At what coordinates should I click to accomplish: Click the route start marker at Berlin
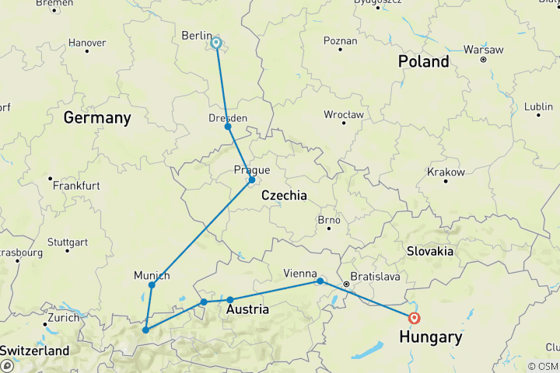click(x=216, y=44)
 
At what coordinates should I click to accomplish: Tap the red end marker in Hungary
click(x=414, y=317)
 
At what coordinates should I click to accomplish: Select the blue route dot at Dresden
click(x=228, y=127)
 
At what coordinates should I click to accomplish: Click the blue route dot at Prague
click(x=252, y=180)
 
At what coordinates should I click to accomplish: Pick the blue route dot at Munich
click(x=152, y=285)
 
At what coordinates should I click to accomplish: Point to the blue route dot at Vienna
click(x=320, y=281)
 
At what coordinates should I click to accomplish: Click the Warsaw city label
click(x=483, y=48)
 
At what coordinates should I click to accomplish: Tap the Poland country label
click(x=424, y=61)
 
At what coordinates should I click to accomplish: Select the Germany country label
click(x=97, y=118)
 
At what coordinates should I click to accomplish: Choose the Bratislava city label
click(x=375, y=276)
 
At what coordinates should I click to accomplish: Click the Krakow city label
click(x=446, y=172)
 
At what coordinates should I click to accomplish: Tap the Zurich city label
click(x=63, y=318)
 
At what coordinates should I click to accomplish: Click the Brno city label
click(x=329, y=220)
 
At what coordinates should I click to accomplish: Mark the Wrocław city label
click(x=344, y=114)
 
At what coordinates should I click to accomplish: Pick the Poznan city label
click(x=341, y=40)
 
